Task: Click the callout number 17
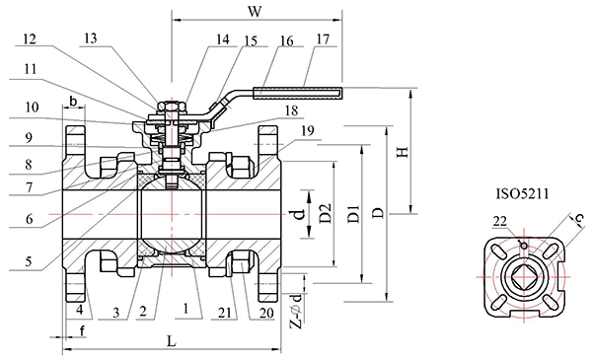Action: (324, 38)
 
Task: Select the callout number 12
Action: (30, 38)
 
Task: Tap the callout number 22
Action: (500, 221)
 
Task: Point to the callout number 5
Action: (29, 261)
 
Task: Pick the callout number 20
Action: (266, 313)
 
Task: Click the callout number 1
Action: (185, 309)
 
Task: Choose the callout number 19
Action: (307, 131)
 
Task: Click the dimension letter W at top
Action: (255, 11)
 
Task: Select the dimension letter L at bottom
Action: (172, 341)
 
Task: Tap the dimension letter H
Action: (403, 152)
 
